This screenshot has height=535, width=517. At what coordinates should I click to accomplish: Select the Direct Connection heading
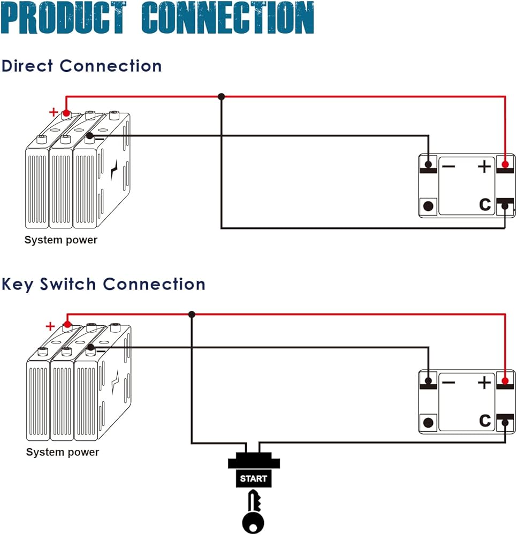point(81,66)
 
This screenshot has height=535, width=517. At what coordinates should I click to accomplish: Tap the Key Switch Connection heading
point(103,284)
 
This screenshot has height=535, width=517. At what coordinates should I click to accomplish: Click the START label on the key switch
point(253,478)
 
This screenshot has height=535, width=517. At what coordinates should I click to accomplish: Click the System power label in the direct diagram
point(61,240)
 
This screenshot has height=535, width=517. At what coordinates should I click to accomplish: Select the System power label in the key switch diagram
point(63,452)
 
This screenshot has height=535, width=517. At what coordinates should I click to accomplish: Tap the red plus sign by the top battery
point(53,112)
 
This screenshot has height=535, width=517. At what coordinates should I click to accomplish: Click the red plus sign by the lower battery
point(50,326)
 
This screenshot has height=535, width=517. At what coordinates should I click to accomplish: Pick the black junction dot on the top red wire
point(221,97)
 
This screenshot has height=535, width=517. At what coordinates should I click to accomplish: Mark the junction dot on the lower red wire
point(192,314)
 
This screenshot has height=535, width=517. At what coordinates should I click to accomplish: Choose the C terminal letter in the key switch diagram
point(485,421)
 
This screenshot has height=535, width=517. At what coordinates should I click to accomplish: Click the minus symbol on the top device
point(448,167)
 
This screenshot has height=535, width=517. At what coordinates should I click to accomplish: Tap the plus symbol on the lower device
point(484,383)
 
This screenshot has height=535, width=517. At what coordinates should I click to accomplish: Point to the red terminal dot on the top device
point(505,164)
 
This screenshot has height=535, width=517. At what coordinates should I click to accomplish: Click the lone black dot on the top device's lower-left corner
point(428,205)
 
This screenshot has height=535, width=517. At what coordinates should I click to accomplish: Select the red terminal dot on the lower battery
point(67,324)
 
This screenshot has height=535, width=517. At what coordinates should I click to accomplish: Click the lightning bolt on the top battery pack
point(114,173)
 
